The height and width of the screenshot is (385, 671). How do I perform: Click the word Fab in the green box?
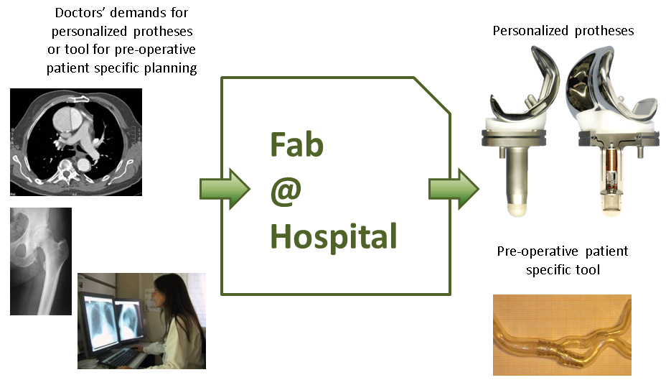coord(296,144)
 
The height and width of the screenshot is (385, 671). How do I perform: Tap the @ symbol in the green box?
coord(286,192)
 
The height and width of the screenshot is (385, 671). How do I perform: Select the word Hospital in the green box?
coord(334,236)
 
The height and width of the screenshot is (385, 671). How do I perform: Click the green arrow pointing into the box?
coord(225,189)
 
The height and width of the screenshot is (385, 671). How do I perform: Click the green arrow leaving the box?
coord(454,189)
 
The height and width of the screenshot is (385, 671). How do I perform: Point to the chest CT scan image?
coord(76,142)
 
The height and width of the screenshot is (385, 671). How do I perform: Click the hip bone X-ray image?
coord(41,261)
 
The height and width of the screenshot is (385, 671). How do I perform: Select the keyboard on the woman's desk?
coord(118,356)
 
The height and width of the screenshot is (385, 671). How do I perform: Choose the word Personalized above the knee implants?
coord(530,31)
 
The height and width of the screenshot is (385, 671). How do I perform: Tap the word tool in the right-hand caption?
coord(588,270)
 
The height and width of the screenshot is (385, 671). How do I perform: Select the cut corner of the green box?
coord(432,96)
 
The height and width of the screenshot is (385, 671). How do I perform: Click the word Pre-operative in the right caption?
coord(538,251)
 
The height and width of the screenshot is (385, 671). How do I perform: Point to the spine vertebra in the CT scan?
coord(66,170)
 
